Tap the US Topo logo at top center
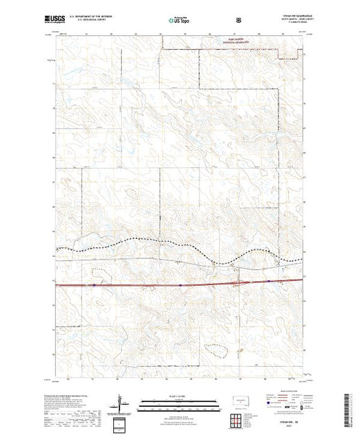(x=180, y=20)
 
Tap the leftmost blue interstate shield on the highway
(x=91, y=283)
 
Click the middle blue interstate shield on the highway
(x=179, y=282)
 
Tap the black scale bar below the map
(x=179, y=405)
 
